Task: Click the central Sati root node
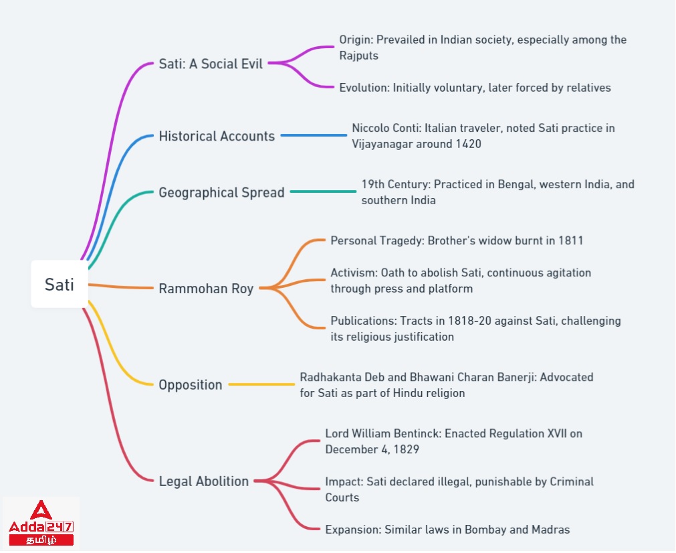coord(60,284)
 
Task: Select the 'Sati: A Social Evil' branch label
coord(211,64)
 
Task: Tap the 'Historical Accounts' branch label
coord(217,137)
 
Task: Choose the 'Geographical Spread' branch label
coord(221,193)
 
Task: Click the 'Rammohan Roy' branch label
coord(206,289)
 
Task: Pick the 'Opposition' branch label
coord(190,385)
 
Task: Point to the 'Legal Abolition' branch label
coord(203,481)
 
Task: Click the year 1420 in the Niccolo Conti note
coord(468,144)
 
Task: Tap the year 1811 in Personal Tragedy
coord(570,240)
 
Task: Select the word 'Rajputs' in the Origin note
coord(358,56)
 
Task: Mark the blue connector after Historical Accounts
coord(314,135)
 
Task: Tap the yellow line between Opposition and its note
coord(261,384)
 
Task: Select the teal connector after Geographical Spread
coord(323,191)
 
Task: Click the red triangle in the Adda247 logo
coord(41,511)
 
